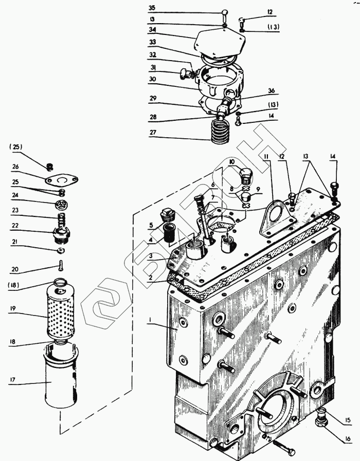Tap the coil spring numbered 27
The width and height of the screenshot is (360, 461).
(x=220, y=132)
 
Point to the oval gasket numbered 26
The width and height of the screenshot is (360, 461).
(x=61, y=180)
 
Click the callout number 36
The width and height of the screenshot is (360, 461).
(x=271, y=90)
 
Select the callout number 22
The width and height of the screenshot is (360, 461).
(x=15, y=226)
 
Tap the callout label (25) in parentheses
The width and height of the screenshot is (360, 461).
(x=16, y=147)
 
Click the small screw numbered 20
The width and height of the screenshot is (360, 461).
(x=61, y=266)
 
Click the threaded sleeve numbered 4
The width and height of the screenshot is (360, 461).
(x=169, y=232)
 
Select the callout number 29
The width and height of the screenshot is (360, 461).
(x=153, y=98)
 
